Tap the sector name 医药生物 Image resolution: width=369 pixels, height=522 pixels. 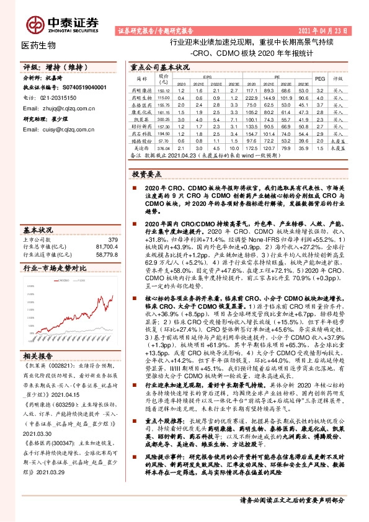[38, 45]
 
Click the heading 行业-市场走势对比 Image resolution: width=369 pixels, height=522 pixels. [54, 270]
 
